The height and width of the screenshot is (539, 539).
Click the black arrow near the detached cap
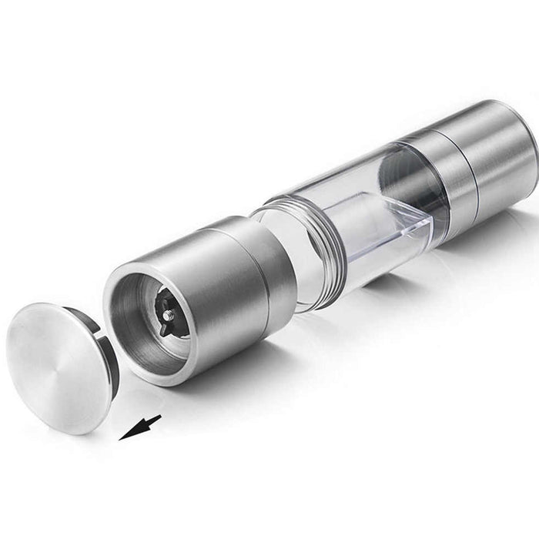point(142,427)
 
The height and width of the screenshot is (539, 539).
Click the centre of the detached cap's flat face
point(54,366)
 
